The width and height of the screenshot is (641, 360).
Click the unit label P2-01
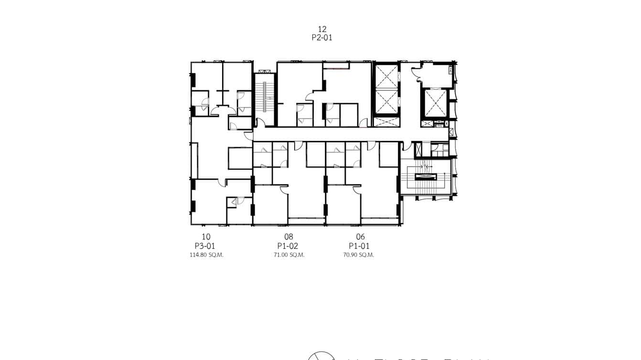point(322,38)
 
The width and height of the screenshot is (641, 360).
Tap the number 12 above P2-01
point(322,29)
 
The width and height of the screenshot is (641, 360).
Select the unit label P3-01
point(206,246)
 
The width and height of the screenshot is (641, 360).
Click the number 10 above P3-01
point(206,237)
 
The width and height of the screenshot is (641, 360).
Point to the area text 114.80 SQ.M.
point(206,255)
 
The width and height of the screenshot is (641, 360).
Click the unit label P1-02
point(288,246)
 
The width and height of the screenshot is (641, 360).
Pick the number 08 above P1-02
point(288,237)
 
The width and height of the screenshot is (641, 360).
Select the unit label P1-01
point(359,246)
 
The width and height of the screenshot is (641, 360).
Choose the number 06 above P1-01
point(360,237)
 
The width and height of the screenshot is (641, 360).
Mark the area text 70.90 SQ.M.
point(359,255)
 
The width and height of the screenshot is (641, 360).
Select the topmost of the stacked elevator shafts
point(386,76)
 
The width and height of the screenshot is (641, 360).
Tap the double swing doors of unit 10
point(223,111)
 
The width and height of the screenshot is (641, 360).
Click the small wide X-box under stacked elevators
point(386,121)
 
